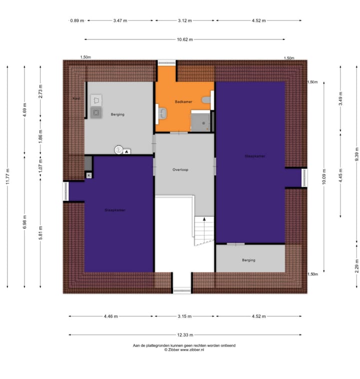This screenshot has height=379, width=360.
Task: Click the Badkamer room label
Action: pos(183,101)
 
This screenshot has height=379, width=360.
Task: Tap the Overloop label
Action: pos(180,169)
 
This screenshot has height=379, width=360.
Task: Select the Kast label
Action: pos(76,98)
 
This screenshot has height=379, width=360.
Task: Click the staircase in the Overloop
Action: pos(203,231)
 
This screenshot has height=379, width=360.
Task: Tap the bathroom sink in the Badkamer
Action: pos(161,114)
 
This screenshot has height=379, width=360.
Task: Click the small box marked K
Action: pos(89,175)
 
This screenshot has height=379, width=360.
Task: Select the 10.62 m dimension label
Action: pos(184,39)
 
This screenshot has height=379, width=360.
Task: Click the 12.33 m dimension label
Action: pos(184,334)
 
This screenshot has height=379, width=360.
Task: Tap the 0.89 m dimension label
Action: pos(76,20)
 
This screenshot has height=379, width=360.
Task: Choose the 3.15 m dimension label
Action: pos(184,316)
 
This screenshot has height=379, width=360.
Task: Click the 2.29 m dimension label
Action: pos(356,268)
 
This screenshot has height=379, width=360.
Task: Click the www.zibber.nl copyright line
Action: pos(184,350)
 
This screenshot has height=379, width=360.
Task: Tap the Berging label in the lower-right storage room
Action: pos(248,260)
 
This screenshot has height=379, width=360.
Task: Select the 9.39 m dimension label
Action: pos(356,153)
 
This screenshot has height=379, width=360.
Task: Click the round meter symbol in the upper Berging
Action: pos(118,149)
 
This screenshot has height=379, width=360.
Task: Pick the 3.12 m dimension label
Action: pos(184,20)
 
